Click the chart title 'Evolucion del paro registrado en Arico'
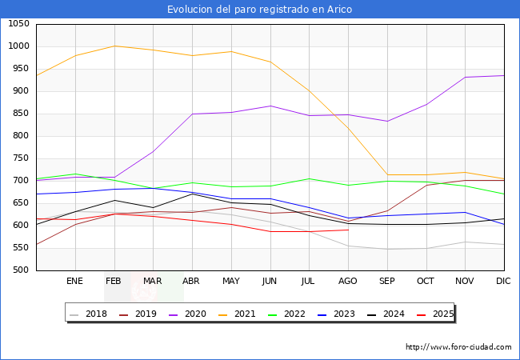[x=259, y=10]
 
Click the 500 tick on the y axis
[x=21, y=270]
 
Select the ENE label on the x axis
[x=75, y=281]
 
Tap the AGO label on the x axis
[x=348, y=281]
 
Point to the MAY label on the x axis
[x=231, y=281]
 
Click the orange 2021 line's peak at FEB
[x=114, y=46]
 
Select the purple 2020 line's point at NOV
[x=466, y=78]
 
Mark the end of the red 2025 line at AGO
[x=348, y=230]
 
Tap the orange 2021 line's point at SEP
[x=387, y=174]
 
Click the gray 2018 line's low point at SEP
[x=387, y=249]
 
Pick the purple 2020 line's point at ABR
[x=192, y=114]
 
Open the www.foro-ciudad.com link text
[x=458, y=347]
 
